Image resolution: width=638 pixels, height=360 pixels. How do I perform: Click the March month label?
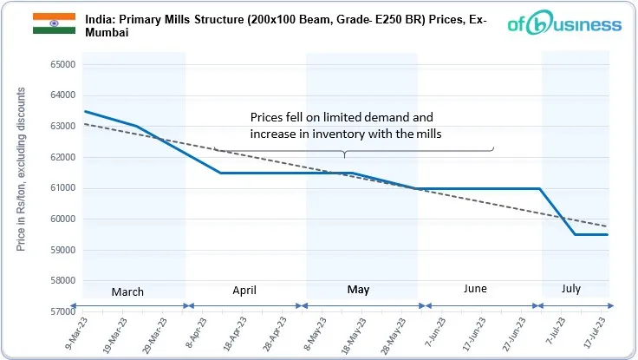pos(127,291)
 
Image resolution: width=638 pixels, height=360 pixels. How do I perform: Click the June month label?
pos(474,289)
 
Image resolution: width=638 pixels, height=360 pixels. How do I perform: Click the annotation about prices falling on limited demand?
pos(342,126)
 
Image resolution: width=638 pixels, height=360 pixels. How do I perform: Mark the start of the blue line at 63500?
pos(84,111)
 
